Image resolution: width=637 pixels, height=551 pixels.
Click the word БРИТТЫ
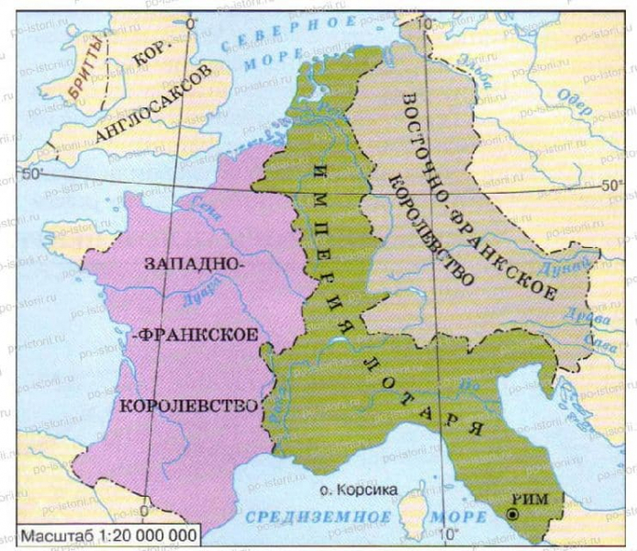89,68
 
